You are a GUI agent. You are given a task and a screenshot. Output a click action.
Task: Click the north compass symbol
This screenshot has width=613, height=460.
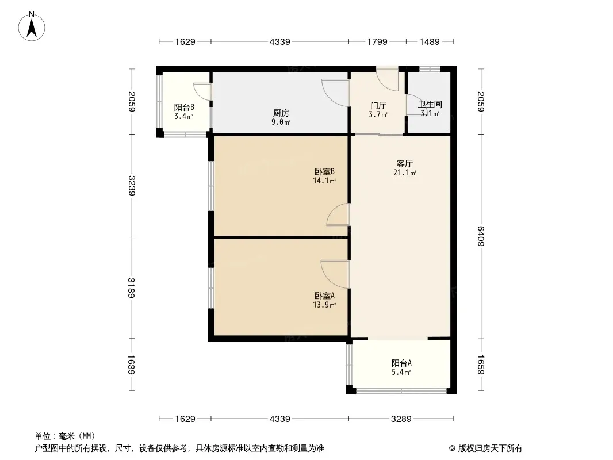point(33,26)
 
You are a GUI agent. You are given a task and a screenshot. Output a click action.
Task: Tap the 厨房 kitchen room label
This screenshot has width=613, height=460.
point(281,113)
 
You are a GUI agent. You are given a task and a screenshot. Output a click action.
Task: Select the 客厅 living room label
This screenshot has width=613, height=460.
point(404,163)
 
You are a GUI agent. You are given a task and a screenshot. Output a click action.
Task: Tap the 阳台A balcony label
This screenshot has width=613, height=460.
point(401,363)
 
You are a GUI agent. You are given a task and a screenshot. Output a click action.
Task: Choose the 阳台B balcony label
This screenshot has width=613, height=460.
point(184,107)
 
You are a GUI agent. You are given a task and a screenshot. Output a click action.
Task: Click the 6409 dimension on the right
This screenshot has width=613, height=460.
point(481,235)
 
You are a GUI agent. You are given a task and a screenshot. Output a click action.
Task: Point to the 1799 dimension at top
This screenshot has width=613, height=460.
point(377,41)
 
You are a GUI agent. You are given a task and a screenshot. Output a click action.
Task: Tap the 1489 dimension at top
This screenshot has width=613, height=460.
point(430,41)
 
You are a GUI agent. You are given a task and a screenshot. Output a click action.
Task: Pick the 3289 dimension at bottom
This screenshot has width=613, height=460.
point(401,419)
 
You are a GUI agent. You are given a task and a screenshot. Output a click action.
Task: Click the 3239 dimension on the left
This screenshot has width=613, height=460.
point(132,185)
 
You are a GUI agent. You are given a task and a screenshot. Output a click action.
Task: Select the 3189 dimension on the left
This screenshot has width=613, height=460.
point(132,287)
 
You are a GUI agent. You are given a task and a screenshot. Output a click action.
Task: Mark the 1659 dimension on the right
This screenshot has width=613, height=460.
point(481,366)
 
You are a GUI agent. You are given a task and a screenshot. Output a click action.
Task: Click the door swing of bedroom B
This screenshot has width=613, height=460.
point(338,215)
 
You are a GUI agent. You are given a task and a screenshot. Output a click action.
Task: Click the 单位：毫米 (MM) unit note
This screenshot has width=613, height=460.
point(64,436)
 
